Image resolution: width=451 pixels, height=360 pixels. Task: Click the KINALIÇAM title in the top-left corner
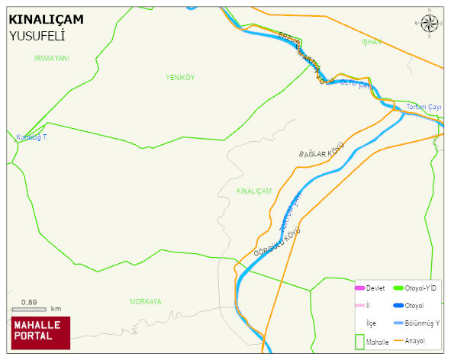pyautogui.click(x=46, y=19)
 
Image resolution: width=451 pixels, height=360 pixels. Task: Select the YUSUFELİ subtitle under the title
pyautogui.click(x=37, y=35)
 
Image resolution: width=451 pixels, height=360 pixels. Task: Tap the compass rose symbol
pyautogui.click(x=430, y=24)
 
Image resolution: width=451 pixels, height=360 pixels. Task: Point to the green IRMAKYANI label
pyautogui.click(x=52, y=58)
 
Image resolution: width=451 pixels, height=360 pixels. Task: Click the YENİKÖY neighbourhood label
pyautogui.click(x=180, y=77)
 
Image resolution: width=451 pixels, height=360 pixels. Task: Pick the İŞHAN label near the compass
pyautogui.click(x=371, y=42)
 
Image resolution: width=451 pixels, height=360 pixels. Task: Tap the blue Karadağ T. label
pyautogui.click(x=32, y=137)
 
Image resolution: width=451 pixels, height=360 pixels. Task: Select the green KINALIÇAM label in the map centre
pyautogui.click(x=254, y=191)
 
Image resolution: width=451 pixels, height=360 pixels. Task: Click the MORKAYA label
pyautogui.click(x=145, y=302)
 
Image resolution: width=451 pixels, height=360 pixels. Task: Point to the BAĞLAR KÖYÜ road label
pyautogui.click(x=322, y=149)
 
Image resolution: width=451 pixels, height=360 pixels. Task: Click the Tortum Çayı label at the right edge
pyautogui.click(x=424, y=107)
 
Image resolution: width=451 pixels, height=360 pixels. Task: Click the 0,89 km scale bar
pyautogui.click(x=31, y=309)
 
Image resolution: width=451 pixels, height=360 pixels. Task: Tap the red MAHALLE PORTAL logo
pyautogui.click(x=40, y=332)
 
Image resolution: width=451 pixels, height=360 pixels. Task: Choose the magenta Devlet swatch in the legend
pyautogui.click(x=360, y=288)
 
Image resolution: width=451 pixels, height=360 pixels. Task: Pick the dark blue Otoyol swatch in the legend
pyautogui.click(x=398, y=306)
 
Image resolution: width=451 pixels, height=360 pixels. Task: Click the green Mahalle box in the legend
pyautogui.click(x=359, y=341)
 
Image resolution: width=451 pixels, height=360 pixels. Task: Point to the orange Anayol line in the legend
pyautogui.click(x=398, y=340)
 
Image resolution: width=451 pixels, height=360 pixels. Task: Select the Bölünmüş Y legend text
pyautogui.click(x=423, y=323)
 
